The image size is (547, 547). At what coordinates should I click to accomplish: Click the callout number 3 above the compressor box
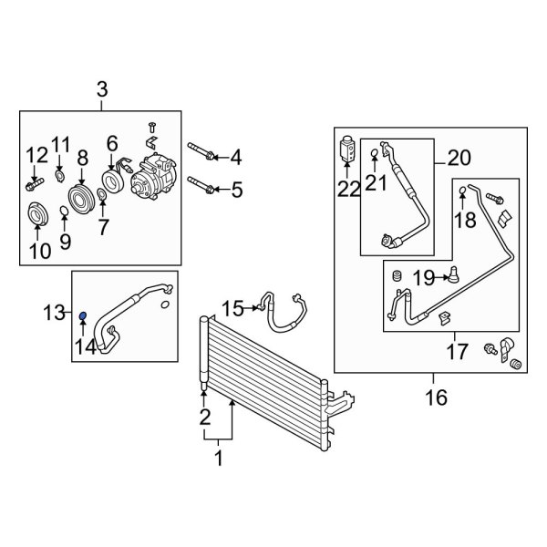tap(102, 89)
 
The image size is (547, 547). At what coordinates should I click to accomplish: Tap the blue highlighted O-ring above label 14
tap(83, 315)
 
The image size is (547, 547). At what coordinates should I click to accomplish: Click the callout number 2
tap(204, 418)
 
